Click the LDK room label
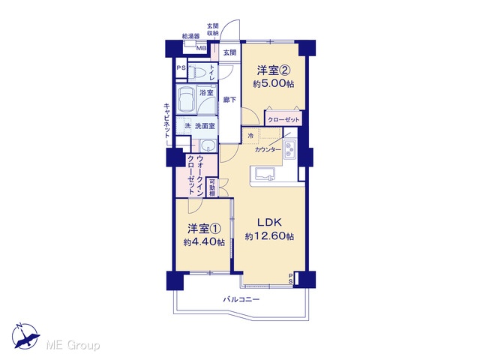pyautogui.click(x=269, y=223)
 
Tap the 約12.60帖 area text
pyautogui.click(x=269, y=236)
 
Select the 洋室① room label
pyautogui.click(x=204, y=229)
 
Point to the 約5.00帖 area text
pyautogui.click(x=273, y=83)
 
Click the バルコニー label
pyautogui.click(x=241, y=299)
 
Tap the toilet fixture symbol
pyautogui.click(x=196, y=73)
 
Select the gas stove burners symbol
pyautogui.click(x=289, y=149)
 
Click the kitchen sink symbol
pyautogui.click(x=263, y=174)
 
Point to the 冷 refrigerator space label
pyautogui.click(x=250, y=136)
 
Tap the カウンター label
pyautogui.click(x=268, y=150)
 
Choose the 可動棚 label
pyautogui.click(x=212, y=187)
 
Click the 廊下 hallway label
pyautogui.click(x=229, y=100)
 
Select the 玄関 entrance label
pyautogui.click(x=229, y=52)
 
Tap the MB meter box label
pyautogui.click(x=201, y=48)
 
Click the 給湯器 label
pyautogui.click(x=190, y=36)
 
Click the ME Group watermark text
pyautogui.click(x=73, y=346)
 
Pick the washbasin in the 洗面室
pyautogui.click(x=208, y=145)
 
